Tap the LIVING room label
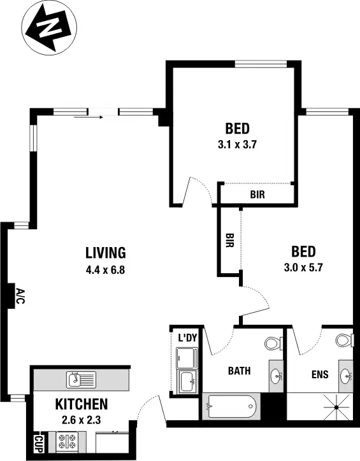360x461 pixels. tap(106, 252)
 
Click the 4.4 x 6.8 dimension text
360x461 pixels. tap(105, 269)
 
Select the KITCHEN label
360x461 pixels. tap(81, 404)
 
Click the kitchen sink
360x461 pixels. tap(81, 381)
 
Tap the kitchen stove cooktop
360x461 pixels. tap(66, 441)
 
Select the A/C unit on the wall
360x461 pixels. tap(19, 296)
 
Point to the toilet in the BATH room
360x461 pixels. tap(273, 344)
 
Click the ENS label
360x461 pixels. tap(319, 374)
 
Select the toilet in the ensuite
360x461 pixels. tap(343, 340)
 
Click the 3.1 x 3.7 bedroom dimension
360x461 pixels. tap(236, 144)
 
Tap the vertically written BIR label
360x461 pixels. tap(229, 241)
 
